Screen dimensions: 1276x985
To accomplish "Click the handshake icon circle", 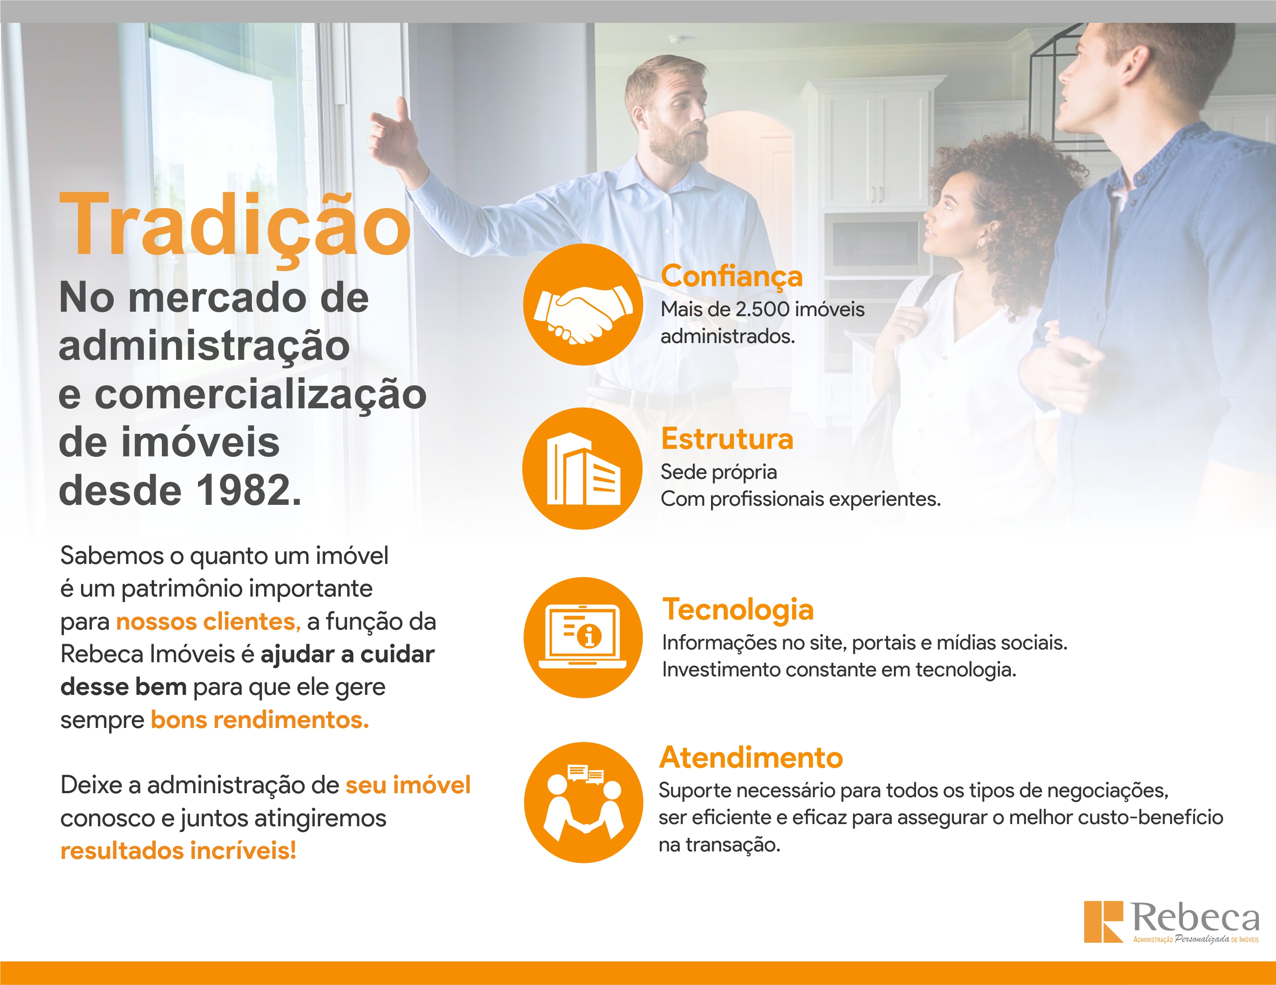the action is [x=583, y=304].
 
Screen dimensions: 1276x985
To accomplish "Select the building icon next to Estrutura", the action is [x=583, y=468].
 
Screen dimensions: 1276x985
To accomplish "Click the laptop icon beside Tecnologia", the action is [x=583, y=637].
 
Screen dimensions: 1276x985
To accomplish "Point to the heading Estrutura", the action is [x=727, y=439].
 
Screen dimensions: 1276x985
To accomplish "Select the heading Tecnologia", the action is [x=738, y=610].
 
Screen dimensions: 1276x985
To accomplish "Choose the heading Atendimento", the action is [x=751, y=757].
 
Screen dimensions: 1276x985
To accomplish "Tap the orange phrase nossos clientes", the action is [x=208, y=621].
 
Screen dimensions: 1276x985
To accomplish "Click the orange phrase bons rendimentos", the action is [x=260, y=720].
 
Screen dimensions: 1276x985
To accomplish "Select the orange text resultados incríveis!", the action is [x=178, y=851].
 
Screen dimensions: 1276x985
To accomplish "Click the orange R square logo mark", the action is [x=1104, y=922].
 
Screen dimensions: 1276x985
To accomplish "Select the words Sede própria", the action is [x=718, y=472].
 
